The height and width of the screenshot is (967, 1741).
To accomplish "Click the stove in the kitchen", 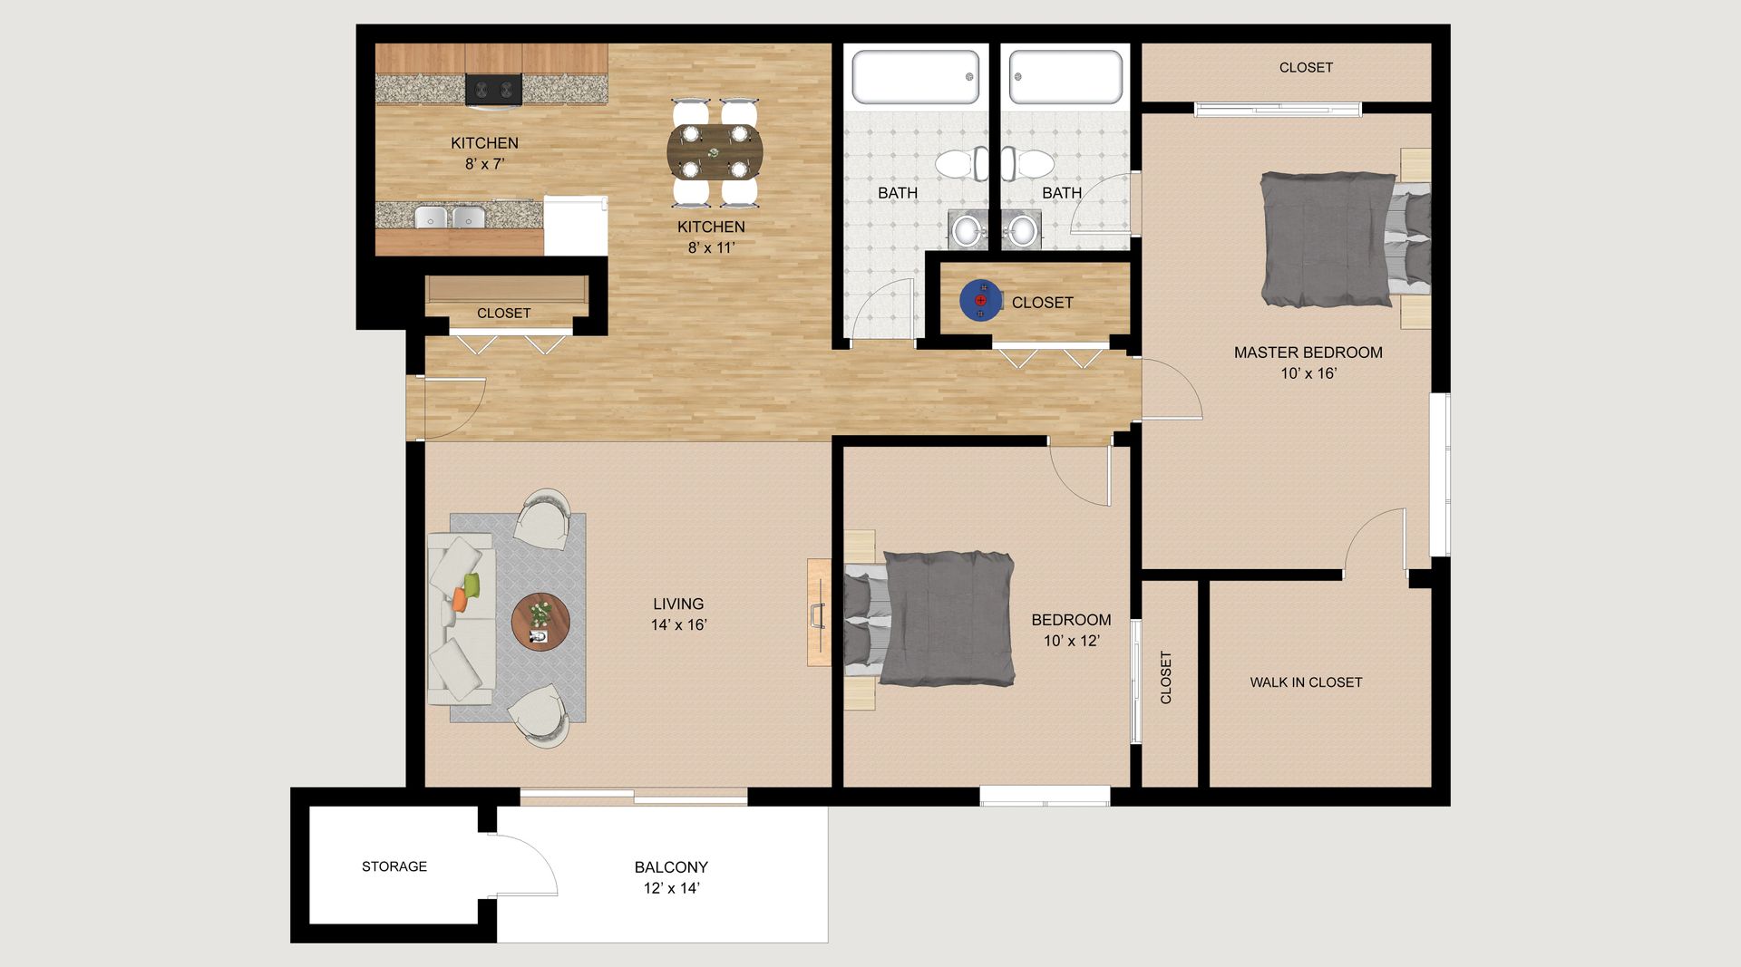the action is (493, 90).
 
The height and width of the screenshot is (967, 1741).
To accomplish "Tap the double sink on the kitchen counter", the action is (449, 218).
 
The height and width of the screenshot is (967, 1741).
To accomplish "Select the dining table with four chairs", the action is (715, 152).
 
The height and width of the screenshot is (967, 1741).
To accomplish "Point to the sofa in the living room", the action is (462, 619).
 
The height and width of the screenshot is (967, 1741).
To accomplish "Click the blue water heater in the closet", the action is (980, 300).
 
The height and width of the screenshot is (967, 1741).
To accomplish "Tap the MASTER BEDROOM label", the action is (1308, 353).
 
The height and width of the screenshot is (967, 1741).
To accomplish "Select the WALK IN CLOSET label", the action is (1306, 682).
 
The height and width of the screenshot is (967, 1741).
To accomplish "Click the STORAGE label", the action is (394, 866).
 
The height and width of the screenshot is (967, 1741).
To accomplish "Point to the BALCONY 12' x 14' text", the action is (671, 877).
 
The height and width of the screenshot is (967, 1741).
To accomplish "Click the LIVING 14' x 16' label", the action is (678, 614).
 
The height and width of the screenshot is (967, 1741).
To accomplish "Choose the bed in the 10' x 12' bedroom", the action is (929, 617).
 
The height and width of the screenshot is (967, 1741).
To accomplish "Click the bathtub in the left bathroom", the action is (916, 77).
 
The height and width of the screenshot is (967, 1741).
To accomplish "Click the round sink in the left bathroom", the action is (968, 230).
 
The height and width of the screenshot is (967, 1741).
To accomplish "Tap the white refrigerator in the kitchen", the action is (576, 225).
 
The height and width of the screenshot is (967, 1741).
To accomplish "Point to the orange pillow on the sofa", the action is (460, 599).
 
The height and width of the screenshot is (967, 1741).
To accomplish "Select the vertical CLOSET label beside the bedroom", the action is (1166, 677).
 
